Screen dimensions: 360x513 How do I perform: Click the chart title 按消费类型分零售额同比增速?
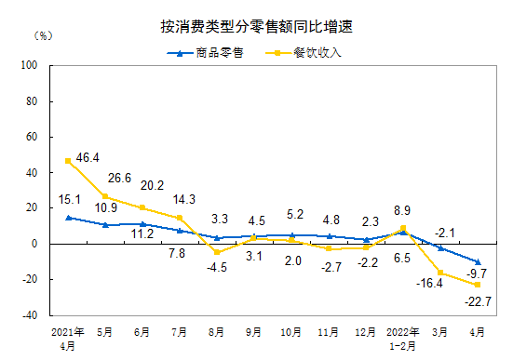tap(256, 27)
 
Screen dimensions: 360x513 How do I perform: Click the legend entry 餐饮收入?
tap(317, 52)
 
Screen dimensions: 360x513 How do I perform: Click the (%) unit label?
tap(45, 36)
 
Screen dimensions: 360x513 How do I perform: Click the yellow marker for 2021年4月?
tap(68, 161)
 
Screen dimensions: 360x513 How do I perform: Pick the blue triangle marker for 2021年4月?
tap(68, 217)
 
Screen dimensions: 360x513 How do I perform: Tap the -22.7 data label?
tap(478, 300)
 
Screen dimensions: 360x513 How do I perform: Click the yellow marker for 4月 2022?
tap(478, 285)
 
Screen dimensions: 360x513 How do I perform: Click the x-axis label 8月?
tap(217, 330)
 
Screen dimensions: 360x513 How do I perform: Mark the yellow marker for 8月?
tap(217, 252)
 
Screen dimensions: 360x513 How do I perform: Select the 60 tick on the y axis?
tap(30, 137)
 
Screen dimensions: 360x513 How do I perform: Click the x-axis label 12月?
tap(366, 330)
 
